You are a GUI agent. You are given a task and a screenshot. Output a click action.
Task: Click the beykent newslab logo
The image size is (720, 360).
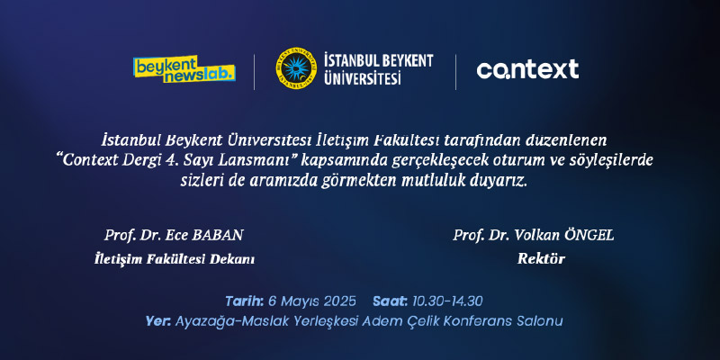[x=184, y=69]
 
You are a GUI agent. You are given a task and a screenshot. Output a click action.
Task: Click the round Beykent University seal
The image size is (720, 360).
[x=296, y=68]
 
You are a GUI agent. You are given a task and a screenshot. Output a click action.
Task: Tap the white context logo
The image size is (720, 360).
[x=527, y=69]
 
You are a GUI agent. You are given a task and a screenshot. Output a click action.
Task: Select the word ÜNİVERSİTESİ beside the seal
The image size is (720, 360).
[x=363, y=77]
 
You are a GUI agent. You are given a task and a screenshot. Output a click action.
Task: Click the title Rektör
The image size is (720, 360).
[x=541, y=259]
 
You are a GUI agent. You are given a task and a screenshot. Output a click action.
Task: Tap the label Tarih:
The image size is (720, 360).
[x=244, y=301]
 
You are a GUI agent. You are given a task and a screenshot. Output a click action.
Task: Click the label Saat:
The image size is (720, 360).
[x=390, y=301]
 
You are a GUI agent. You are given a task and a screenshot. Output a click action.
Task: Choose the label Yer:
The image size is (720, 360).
[x=158, y=321]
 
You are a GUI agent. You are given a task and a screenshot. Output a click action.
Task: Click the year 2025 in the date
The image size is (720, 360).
[x=339, y=301]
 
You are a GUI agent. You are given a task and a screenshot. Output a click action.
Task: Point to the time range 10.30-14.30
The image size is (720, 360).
[x=447, y=301]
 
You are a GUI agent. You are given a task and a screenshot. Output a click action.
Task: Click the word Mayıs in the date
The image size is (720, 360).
[x=300, y=301]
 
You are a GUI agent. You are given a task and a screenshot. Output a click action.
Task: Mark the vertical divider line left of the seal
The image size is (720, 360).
[x=254, y=72]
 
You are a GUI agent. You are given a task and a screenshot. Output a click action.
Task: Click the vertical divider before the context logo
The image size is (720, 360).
[x=455, y=72]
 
